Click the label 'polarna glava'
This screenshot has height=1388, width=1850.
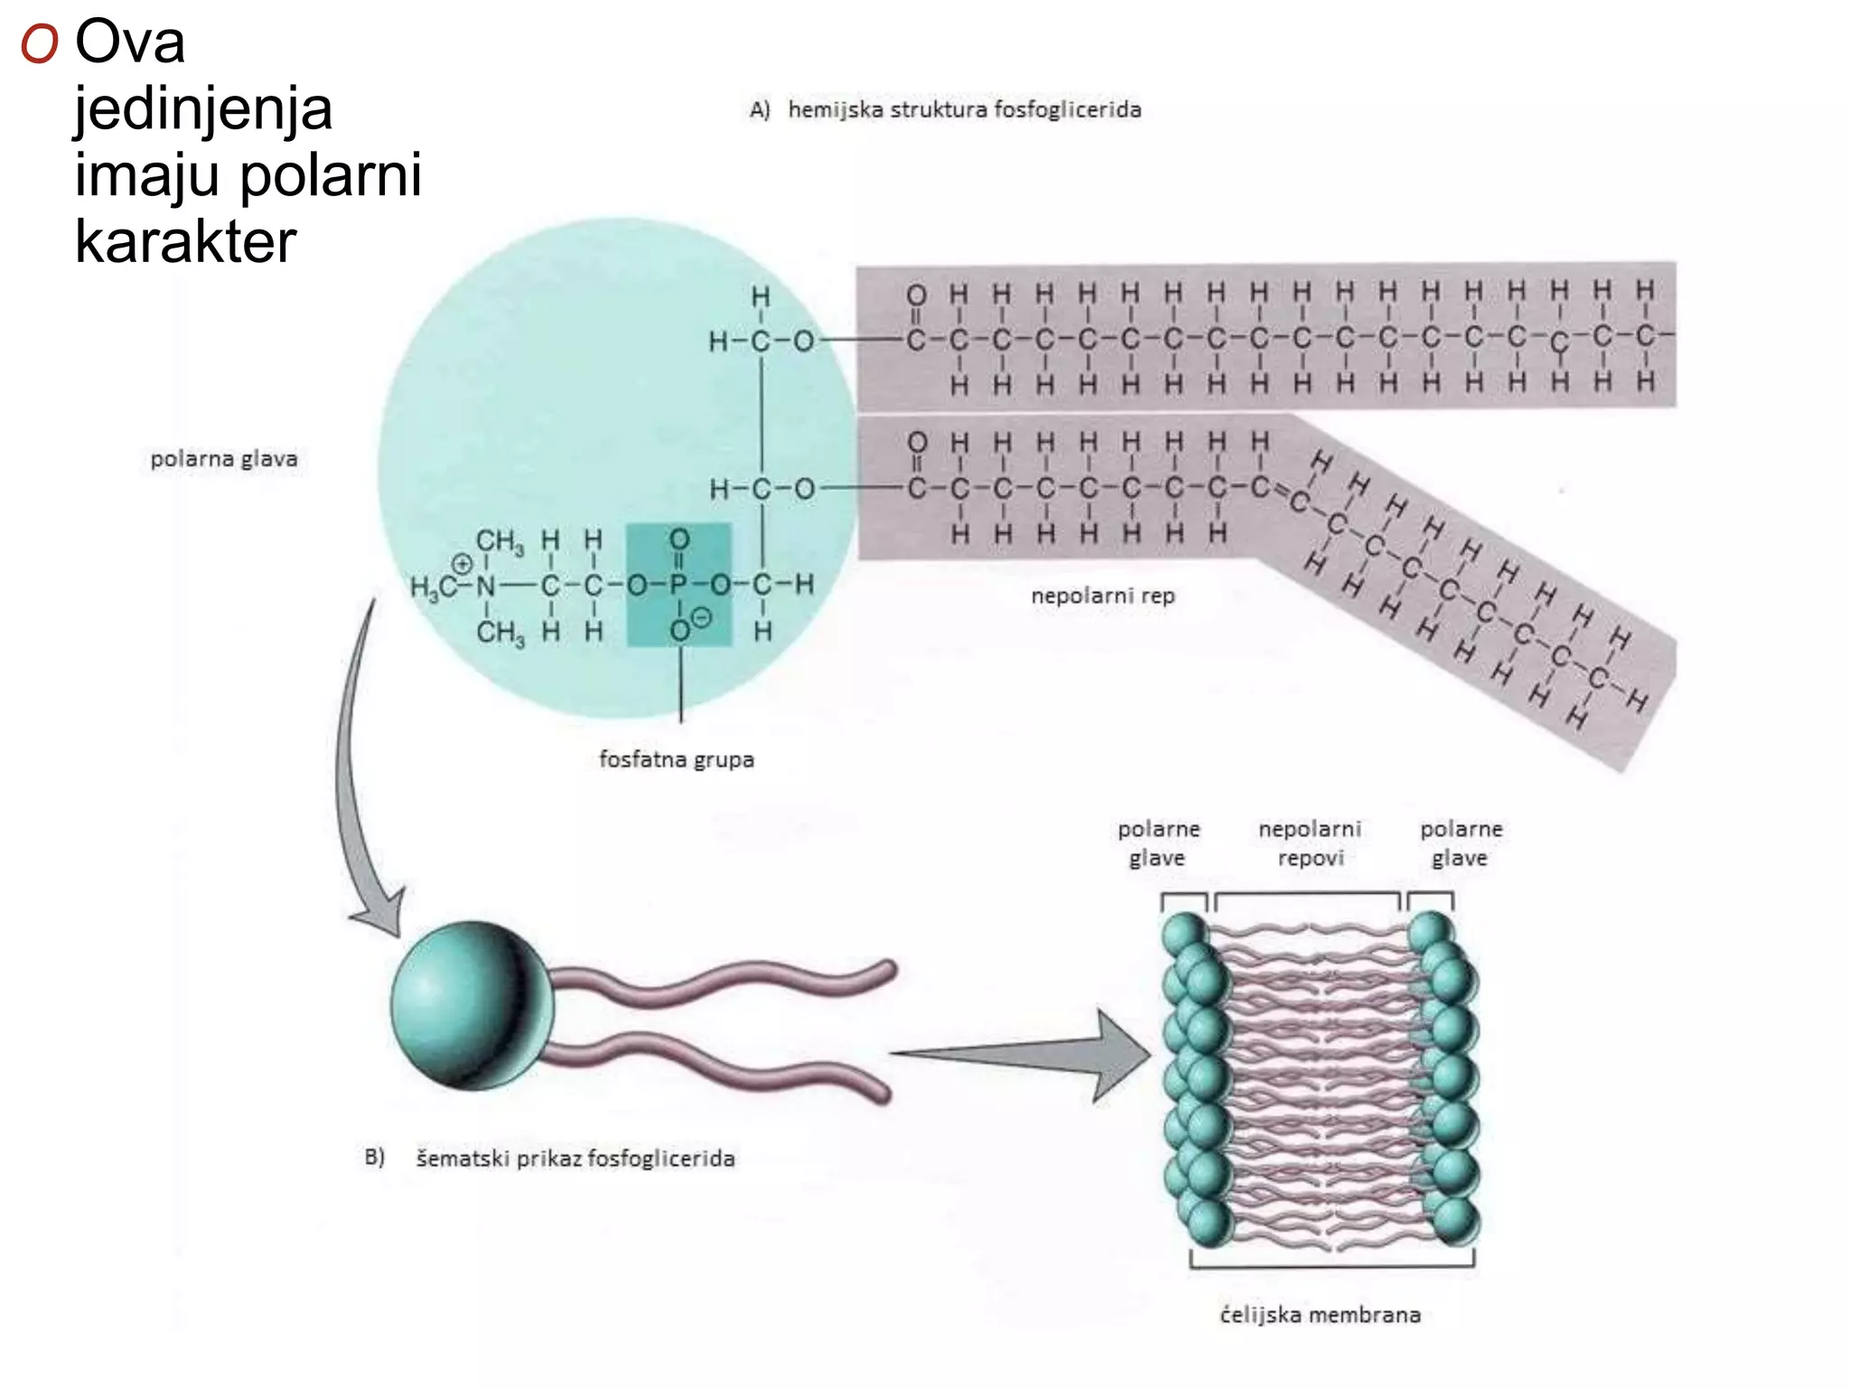pyautogui.click(x=224, y=459)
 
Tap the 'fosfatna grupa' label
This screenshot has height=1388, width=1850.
pyautogui.click(x=677, y=759)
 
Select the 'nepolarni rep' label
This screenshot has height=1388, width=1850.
pyautogui.click(x=1103, y=596)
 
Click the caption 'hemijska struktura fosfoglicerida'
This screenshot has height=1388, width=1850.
pyautogui.click(x=965, y=109)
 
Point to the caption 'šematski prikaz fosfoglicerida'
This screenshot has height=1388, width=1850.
pyautogui.click(x=575, y=1158)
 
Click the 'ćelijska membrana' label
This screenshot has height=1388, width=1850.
pyautogui.click(x=1320, y=1315)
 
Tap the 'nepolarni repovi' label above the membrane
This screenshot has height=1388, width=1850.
pyautogui.click(x=1310, y=843)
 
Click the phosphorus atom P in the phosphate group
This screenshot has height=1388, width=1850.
pyautogui.click(x=679, y=586)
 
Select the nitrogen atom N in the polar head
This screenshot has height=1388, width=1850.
pyautogui.click(x=486, y=586)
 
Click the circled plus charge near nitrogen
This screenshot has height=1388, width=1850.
pyautogui.click(x=462, y=564)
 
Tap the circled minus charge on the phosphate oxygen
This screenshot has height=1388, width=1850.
pyautogui.click(x=701, y=618)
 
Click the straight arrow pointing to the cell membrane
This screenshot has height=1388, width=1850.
pyautogui.click(x=1021, y=1055)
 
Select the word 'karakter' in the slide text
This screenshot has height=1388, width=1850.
pyautogui.click(x=186, y=241)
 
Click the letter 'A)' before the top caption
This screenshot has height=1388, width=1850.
pyautogui.click(x=760, y=110)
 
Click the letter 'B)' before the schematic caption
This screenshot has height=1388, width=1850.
pyautogui.click(x=375, y=1158)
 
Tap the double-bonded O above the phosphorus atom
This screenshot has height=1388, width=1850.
pyautogui.click(x=679, y=539)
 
